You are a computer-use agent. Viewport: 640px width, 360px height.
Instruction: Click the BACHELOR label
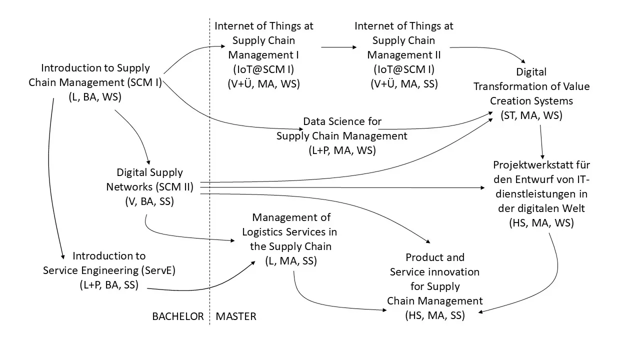click(177, 316)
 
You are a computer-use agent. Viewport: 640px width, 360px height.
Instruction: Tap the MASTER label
click(236, 316)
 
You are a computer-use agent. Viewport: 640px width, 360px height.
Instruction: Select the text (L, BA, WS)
click(95, 97)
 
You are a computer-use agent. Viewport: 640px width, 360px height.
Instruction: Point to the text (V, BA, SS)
click(149, 201)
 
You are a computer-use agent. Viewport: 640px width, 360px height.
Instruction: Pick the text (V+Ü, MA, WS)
click(263, 84)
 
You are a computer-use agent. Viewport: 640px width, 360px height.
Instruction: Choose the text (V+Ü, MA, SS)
click(404, 84)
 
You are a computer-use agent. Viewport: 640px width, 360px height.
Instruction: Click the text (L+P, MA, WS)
click(342, 150)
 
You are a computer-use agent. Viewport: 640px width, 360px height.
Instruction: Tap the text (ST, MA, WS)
click(531, 115)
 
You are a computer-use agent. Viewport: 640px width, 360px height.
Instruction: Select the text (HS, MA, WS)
click(541, 223)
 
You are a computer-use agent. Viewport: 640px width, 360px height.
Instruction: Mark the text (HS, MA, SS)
click(435, 315)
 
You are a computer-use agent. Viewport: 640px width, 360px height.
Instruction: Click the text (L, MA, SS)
click(291, 261)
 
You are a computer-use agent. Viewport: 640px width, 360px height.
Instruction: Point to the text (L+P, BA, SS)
click(109, 285)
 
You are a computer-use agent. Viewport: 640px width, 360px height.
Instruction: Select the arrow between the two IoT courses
click(339, 47)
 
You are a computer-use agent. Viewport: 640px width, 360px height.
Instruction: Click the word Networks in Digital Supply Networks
click(129, 187)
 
